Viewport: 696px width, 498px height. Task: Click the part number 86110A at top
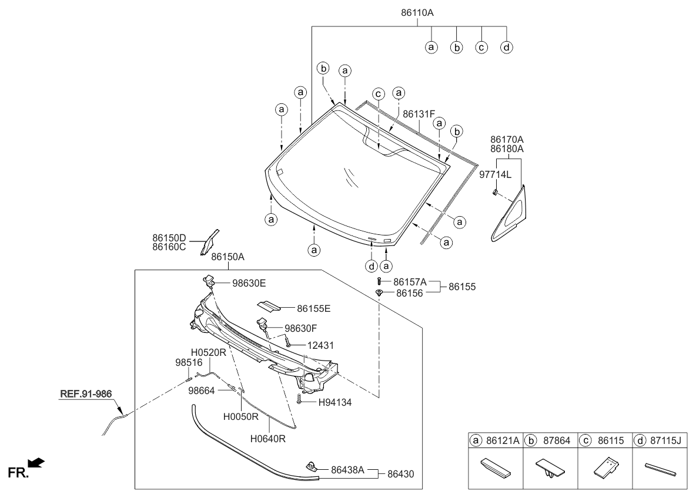(x=417, y=12)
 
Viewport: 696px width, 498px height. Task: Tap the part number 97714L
(x=496, y=174)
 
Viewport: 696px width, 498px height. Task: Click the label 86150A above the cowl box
(x=227, y=257)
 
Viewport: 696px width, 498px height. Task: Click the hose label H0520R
(x=209, y=352)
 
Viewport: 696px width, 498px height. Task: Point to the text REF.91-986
(x=85, y=394)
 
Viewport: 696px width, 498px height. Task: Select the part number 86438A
(x=348, y=470)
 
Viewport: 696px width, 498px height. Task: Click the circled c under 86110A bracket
(x=481, y=47)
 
